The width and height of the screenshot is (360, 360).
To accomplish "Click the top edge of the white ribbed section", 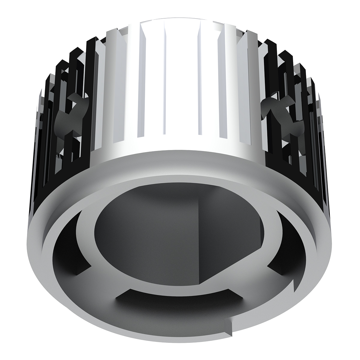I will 180,23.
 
